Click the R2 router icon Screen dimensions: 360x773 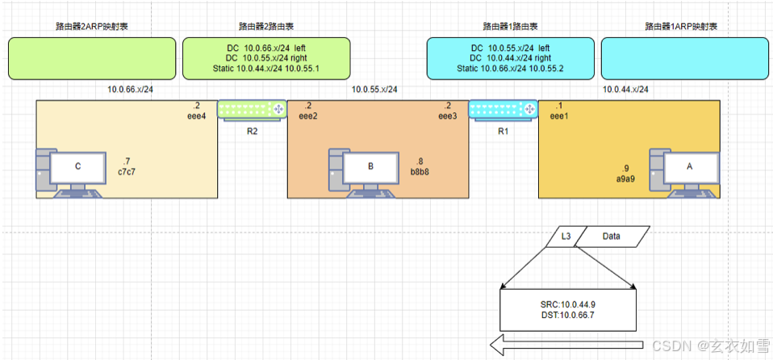[253, 109]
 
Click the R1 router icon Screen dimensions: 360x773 [503, 109]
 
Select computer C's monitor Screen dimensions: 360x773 [78, 167]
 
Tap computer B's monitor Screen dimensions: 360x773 [370, 167]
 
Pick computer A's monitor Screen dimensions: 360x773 [689, 167]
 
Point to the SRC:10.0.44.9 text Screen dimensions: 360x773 [568, 304]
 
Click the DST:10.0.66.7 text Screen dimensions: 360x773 [568, 316]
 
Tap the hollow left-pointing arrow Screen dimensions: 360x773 [565, 345]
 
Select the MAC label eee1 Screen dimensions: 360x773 [561, 116]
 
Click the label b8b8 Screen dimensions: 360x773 [420, 171]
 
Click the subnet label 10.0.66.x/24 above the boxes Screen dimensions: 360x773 [130, 89]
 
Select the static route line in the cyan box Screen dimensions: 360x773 [511, 69]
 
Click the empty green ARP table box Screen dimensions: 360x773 [92, 58]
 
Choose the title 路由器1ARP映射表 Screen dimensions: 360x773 [681, 27]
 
